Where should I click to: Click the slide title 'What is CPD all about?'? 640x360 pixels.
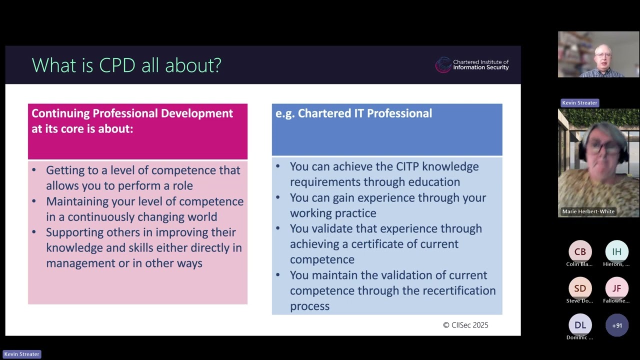(x=126, y=65)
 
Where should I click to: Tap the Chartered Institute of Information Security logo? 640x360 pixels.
(x=472, y=65)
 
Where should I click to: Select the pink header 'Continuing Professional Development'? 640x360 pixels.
(x=132, y=113)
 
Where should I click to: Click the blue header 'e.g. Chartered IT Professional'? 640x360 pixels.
(x=353, y=113)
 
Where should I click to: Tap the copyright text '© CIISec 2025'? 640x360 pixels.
(x=465, y=325)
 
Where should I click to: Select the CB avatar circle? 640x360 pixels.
(x=580, y=251)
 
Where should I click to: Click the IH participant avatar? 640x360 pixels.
(x=617, y=251)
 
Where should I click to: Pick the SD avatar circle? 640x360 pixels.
(x=580, y=288)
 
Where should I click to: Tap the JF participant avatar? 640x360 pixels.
(x=617, y=288)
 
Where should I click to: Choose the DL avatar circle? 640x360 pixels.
(x=580, y=325)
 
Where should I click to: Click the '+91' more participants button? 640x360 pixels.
(x=617, y=325)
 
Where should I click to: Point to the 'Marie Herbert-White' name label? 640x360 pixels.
(x=588, y=211)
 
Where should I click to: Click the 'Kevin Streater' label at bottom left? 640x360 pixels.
(x=21, y=354)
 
